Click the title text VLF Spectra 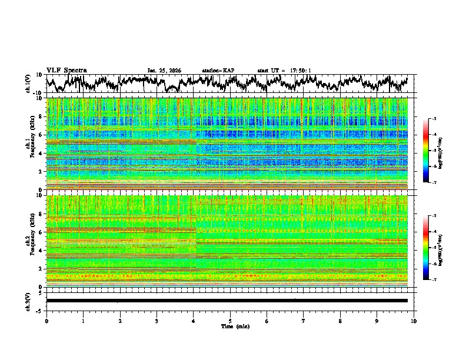coord(66,71)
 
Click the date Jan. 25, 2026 coord(164,71)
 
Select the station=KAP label coord(218,71)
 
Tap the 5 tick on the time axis coord(230,321)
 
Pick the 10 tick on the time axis coord(414,321)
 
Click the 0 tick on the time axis coord(46,321)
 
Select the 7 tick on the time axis coord(304,321)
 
